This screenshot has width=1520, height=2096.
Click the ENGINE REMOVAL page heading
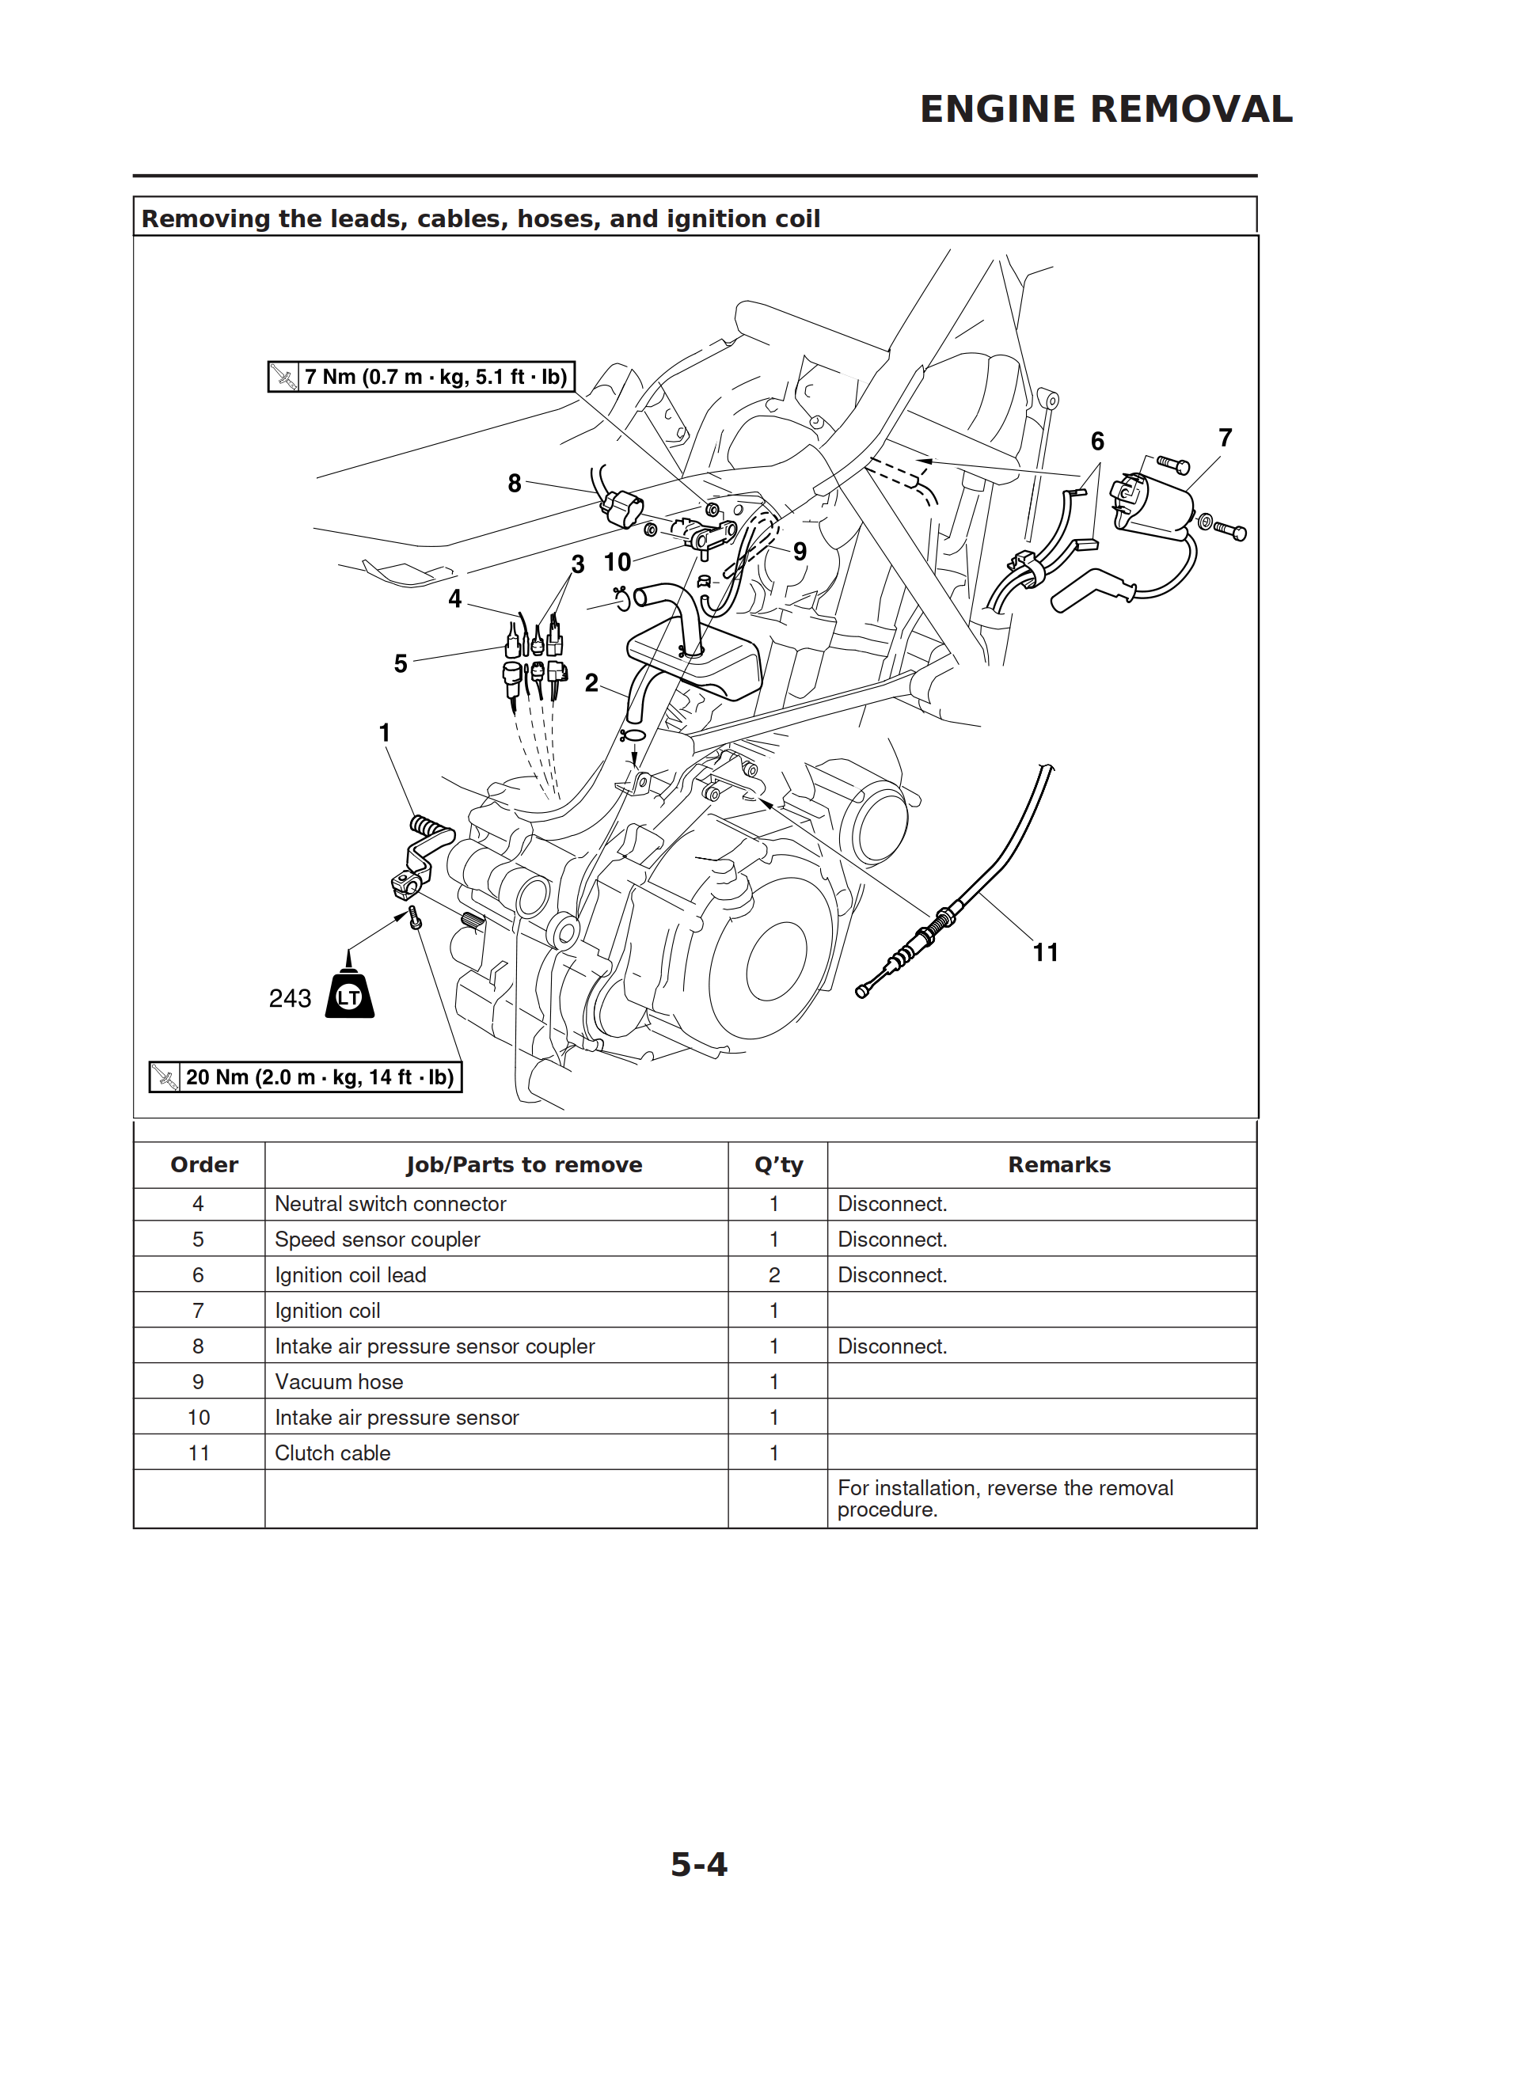coord(1105,110)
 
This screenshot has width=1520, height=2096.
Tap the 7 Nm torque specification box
coord(422,377)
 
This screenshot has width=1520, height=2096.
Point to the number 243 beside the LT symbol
coord(290,999)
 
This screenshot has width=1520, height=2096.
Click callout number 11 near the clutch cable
coord(1045,953)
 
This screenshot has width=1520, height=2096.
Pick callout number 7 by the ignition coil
coord(1225,438)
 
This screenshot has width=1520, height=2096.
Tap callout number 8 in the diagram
coord(514,484)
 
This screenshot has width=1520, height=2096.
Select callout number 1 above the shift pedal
coord(385,733)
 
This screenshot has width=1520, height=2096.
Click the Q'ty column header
coord(777,1165)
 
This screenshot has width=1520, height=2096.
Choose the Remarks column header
coord(1058,1165)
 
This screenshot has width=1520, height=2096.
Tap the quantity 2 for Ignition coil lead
coord(774,1275)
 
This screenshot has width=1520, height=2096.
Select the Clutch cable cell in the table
coord(332,1452)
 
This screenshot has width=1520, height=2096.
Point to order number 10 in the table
coord(199,1418)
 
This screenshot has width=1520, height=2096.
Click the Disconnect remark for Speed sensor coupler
coord(892,1240)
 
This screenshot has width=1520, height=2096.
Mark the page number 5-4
coord(698,1865)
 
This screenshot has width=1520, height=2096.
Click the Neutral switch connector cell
coord(390,1204)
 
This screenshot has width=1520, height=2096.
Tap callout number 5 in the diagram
coord(401,663)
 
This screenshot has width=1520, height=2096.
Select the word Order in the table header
coord(204,1165)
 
